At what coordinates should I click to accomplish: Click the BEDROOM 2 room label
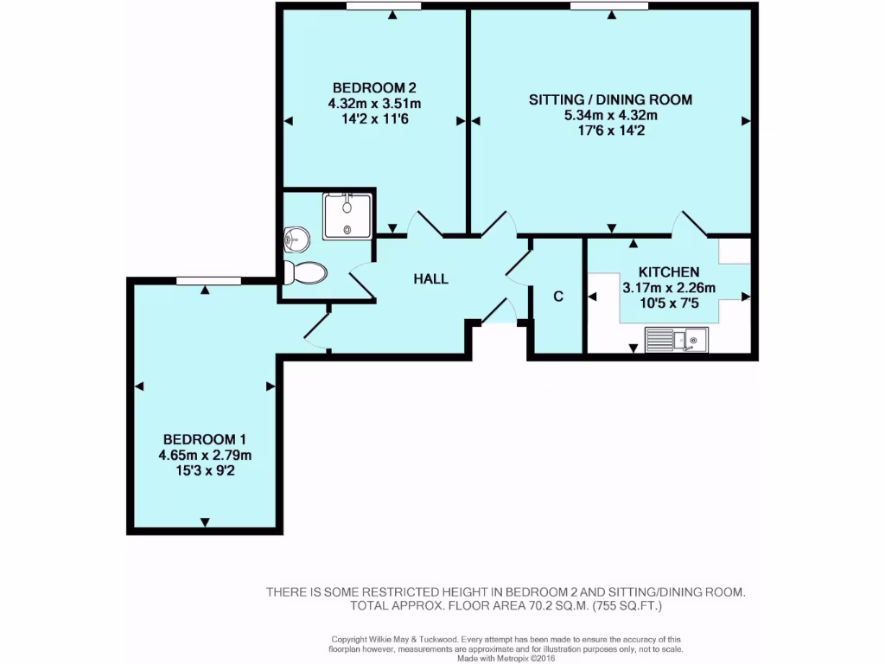[374, 87]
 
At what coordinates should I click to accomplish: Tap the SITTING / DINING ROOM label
[610, 99]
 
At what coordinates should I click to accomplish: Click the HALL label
[430, 278]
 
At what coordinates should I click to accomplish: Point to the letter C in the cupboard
[557, 297]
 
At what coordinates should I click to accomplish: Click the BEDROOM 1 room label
[205, 439]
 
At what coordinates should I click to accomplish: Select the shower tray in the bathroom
[347, 216]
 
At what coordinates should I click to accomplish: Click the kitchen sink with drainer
[678, 340]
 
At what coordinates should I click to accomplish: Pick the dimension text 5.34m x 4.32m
[610, 115]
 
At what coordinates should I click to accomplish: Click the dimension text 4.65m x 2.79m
[205, 455]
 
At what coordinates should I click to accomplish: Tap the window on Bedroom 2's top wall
[384, 6]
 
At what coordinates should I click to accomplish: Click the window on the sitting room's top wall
[608, 6]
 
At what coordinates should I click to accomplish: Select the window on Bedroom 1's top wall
[207, 279]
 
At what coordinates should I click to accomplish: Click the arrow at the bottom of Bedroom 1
[205, 521]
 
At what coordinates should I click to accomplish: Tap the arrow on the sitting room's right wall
[746, 122]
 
